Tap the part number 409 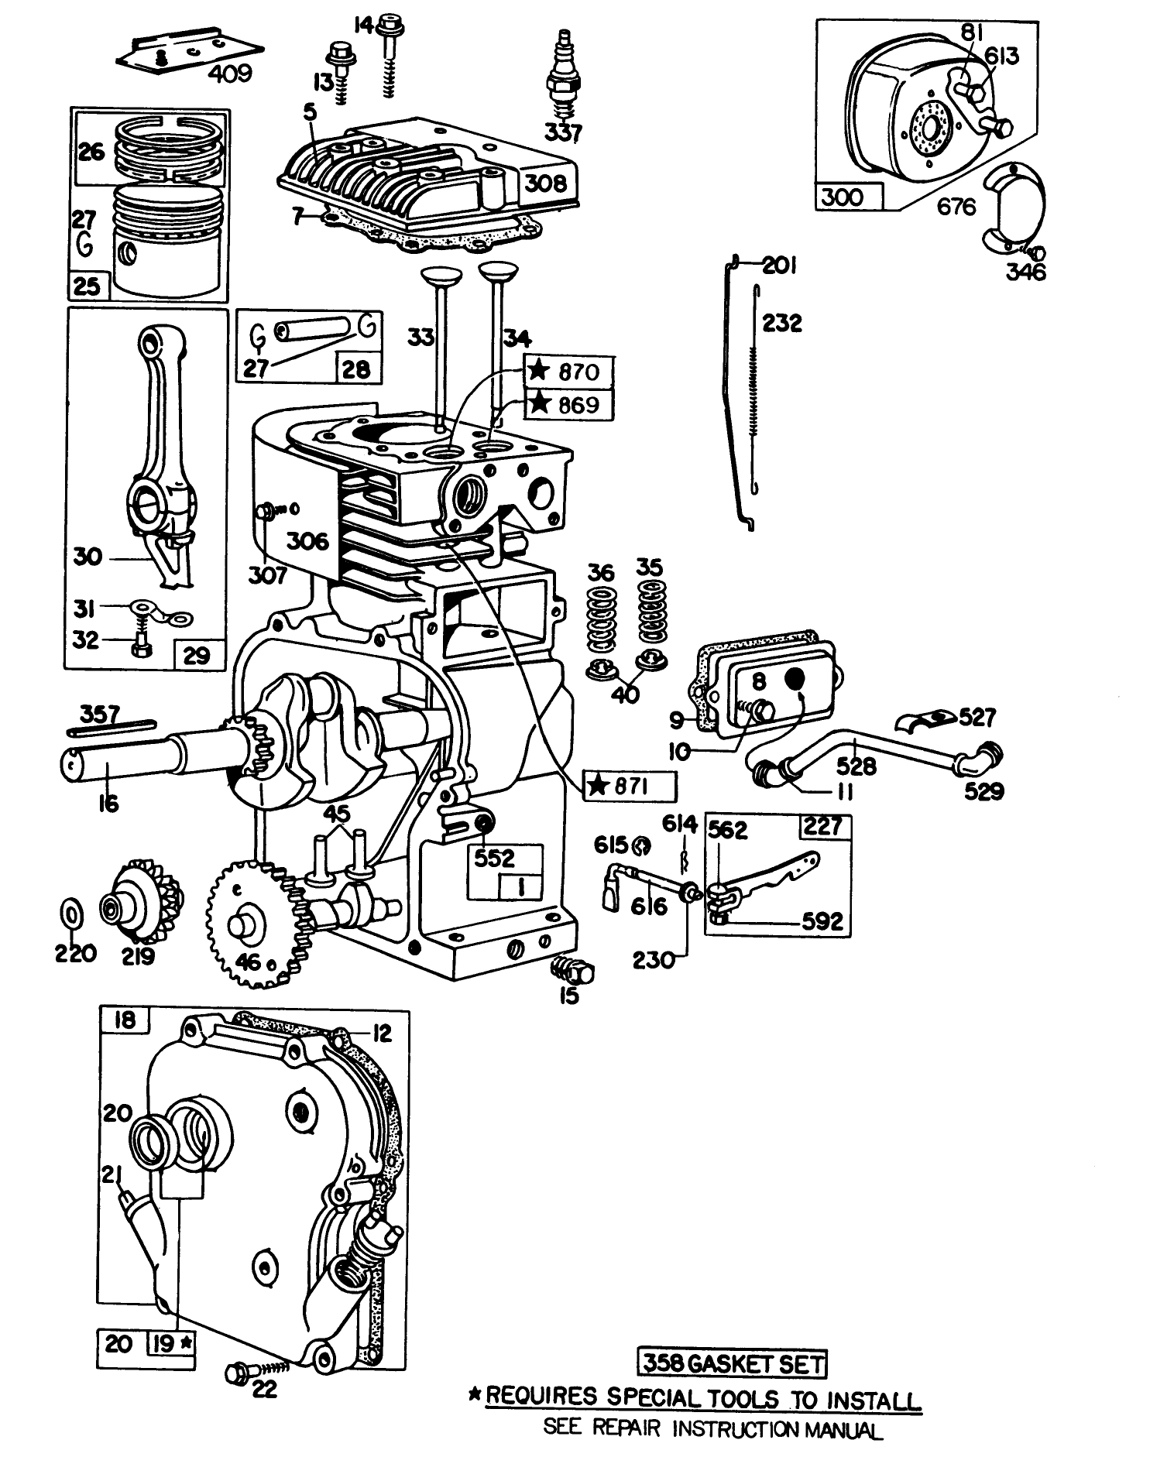[230, 74]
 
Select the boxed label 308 [546, 183]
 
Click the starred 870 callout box [569, 372]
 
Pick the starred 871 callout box [629, 787]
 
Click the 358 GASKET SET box [731, 1363]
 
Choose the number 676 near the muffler [956, 207]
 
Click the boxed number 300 [842, 197]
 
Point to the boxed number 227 [822, 826]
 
